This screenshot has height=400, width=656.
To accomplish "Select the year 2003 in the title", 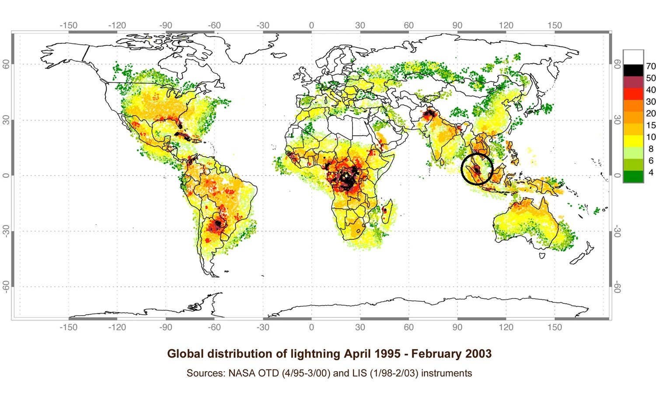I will click(x=477, y=354).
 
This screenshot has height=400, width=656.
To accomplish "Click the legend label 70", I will click(x=651, y=66).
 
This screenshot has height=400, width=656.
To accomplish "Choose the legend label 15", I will click(x=651, y=125).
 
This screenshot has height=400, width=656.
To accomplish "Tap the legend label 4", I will click(x=651, y=172).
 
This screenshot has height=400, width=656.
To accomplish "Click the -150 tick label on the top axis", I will click(x=68, y=25).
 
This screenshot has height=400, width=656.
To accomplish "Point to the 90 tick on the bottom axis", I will click(x=457, y=327).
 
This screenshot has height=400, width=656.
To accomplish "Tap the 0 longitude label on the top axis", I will click(x=311, y=25).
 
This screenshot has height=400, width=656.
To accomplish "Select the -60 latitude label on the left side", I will click(x=6, y=287).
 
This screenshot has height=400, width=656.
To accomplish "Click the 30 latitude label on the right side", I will click(x=617, y=119).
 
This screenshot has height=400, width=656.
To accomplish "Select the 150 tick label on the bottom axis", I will click(x=555, y=327).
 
